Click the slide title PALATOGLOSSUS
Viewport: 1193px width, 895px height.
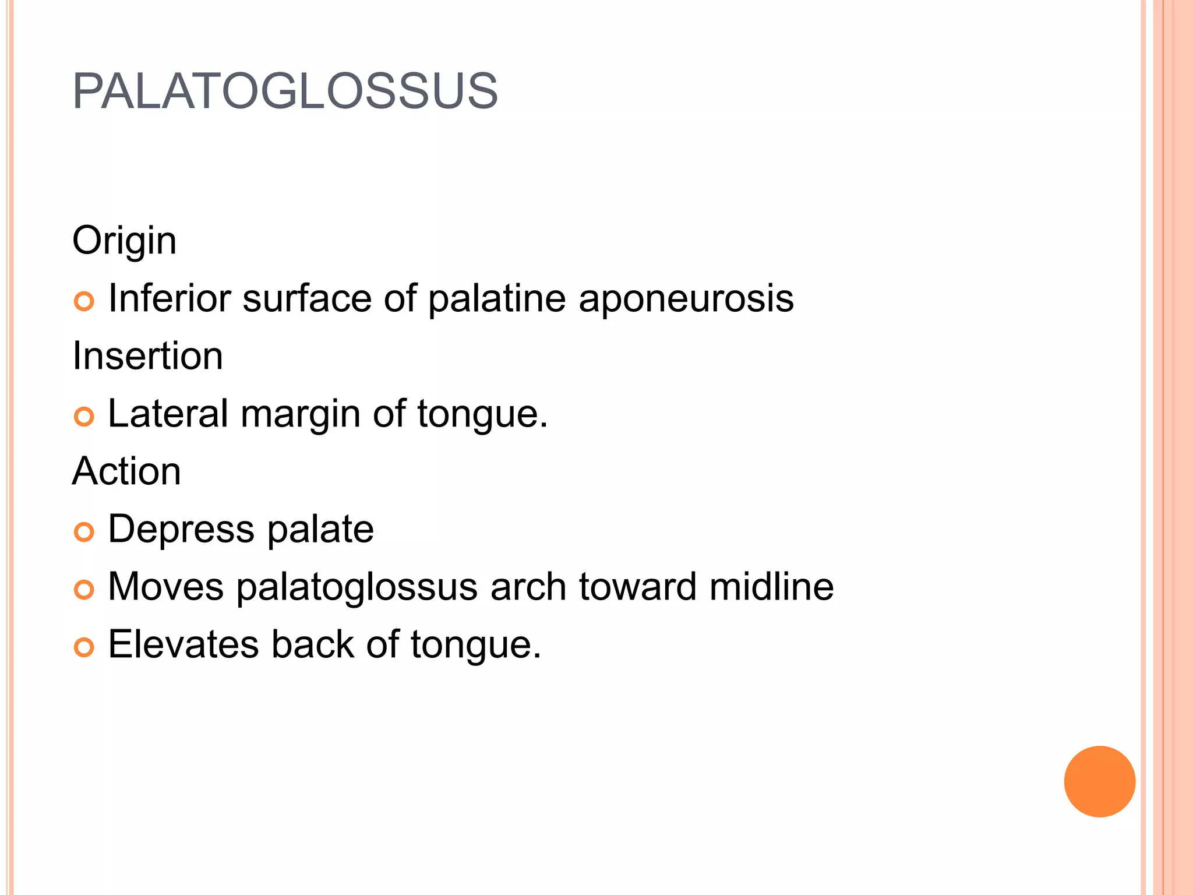point(285,91)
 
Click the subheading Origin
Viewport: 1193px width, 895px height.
point(124,241)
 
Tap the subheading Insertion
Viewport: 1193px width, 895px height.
point(147,356)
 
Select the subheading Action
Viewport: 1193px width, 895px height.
point(126,471)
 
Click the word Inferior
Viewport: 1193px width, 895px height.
point(170,298)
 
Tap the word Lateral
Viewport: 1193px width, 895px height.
point(168,414)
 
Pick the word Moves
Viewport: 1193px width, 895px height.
point(165,587)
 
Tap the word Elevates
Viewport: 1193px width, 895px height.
point(183,644)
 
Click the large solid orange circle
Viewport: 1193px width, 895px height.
point(1099,781)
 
